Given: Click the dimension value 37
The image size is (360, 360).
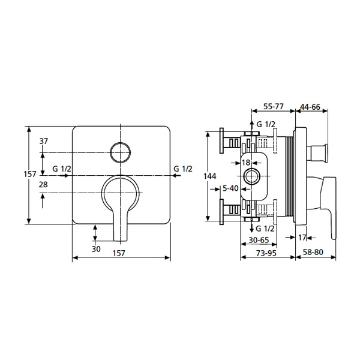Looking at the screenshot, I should click(x=44, y=142).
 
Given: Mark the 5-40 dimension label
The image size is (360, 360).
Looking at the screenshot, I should click(x=230, y=188).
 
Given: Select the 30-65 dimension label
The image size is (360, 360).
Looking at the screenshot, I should click(x=259, y=239).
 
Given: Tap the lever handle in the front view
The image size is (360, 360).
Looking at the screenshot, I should click(x=120, y=204).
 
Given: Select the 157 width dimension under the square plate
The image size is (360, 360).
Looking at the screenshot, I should click(x=119, y=253).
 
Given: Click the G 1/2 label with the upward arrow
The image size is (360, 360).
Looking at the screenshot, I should click(x=265, y=124).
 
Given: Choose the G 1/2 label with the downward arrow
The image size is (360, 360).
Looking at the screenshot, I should click(x=265, y=229).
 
